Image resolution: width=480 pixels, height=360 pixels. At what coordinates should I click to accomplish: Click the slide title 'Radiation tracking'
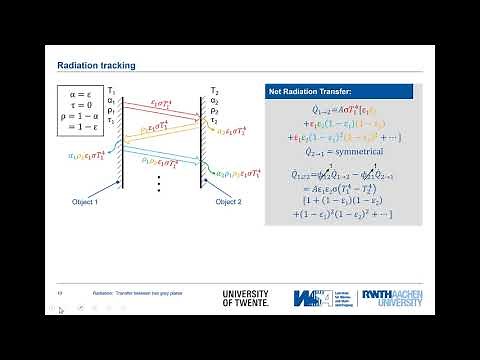pyautogui.click(x=96, y=66)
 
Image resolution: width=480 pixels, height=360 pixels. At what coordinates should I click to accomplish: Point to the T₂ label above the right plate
pyautogui.click(x=214, y=90)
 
